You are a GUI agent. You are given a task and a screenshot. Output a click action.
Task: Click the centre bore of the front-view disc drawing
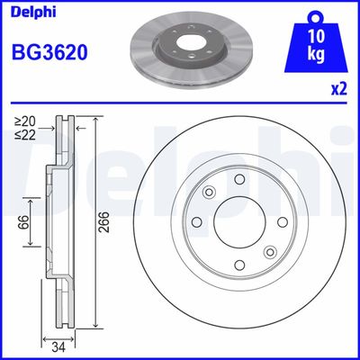pos(239,223)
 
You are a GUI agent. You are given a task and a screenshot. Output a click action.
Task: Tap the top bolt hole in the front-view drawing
pos(239,180)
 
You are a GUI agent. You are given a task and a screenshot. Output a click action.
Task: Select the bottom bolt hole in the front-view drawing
pos(239,265)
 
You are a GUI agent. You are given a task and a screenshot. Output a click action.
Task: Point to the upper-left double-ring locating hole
pos(209,192)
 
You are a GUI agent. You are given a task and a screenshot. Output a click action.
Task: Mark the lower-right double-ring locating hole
pos(270,254)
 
